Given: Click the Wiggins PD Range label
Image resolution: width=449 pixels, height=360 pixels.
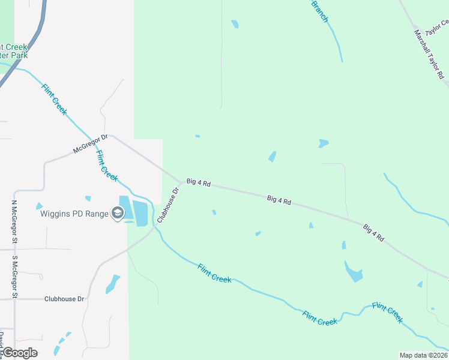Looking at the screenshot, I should tap(74, 213).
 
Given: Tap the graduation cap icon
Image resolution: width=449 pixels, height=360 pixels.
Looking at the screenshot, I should tap(118, 213).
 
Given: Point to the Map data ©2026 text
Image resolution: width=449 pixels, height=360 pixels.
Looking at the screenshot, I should tap(423, 355).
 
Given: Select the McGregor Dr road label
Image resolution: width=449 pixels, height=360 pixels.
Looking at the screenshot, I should tap(90, 143).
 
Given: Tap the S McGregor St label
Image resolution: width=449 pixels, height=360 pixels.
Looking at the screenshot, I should tap(14, 277).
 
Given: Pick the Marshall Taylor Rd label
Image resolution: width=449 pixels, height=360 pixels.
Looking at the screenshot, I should tap(429, 55).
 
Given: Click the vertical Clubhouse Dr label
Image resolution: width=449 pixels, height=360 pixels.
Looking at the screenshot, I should tap(167, 206).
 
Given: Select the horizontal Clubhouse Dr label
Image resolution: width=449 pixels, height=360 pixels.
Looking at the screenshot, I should tap(65, 298).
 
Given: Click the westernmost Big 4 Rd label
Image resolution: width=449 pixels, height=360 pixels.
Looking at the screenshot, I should tap(198, 182).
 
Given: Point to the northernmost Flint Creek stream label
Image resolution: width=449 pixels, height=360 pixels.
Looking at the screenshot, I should tap(55, 99).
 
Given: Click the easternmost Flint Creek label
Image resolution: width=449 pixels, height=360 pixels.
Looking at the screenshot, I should tap(387, 313).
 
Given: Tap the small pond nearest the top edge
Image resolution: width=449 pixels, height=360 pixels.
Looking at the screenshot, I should tap(235, 24).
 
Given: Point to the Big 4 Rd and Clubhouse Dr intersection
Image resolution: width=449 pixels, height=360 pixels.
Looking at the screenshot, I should tap(181, 181).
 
